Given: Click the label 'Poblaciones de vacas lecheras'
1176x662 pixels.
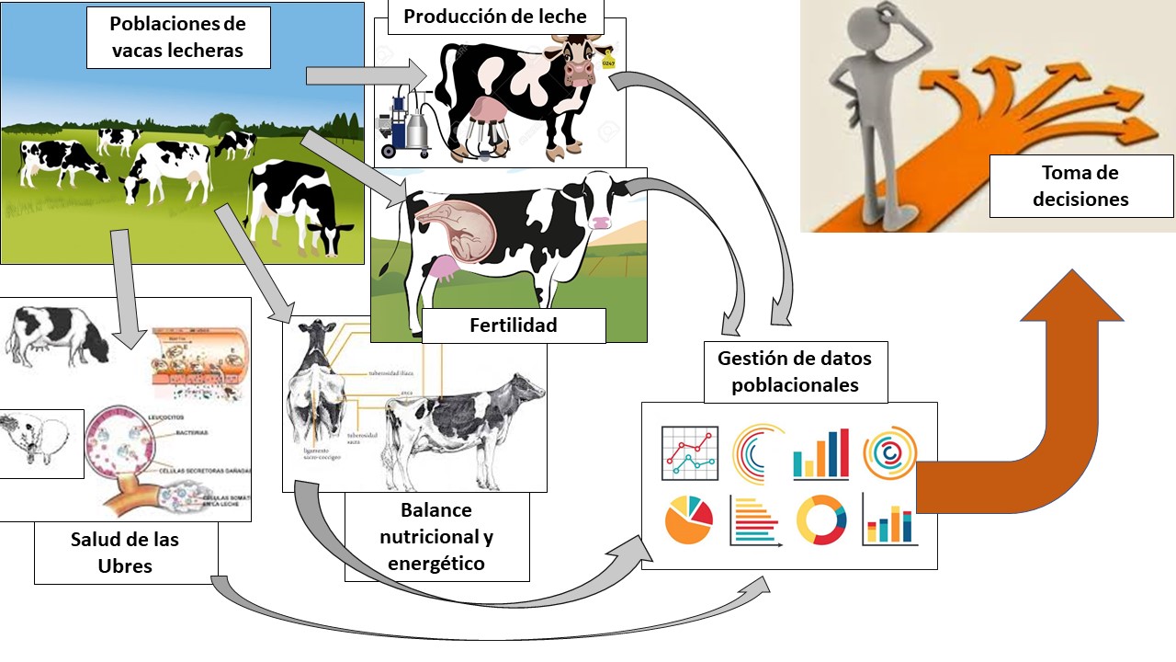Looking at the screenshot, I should [177, 37].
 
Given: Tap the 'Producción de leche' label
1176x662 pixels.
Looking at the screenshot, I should [494, 17].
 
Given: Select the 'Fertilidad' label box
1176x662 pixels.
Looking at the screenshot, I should [513, 325].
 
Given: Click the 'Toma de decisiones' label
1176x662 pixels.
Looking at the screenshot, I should [1080, 186].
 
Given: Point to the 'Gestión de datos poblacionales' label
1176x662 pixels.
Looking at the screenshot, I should [795, 371].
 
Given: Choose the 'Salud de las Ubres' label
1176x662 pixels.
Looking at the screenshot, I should [125, 552].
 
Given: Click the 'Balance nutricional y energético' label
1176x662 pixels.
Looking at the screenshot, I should [436, 537].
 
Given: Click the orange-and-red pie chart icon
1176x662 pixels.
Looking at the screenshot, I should [688, 519].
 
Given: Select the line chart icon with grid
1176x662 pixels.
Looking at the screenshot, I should [690, 452].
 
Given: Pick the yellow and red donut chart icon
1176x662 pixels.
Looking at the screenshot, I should [820, 519].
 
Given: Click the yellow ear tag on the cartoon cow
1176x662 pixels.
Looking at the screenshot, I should [607, 63].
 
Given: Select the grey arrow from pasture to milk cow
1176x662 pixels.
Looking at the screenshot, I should [367, 74].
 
